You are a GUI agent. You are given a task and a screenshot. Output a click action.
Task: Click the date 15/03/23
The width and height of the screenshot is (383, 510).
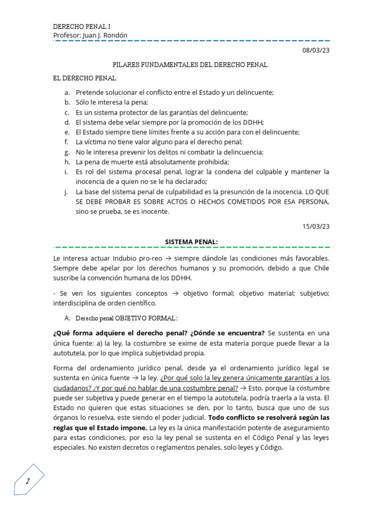pyautogui.click(x=316, y=226)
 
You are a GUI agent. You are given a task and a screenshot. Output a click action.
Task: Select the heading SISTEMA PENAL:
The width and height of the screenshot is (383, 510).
pyautogui.click(x=191, y=242)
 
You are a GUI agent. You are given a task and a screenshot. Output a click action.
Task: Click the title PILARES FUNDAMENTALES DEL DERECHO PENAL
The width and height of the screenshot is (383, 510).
pyautogui.click(x=191, y=65)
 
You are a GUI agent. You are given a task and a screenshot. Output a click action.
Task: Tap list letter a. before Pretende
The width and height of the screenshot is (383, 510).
pyautogui.click(x=67, y=92)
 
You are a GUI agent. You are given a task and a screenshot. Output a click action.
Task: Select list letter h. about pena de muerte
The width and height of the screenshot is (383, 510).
pyautogui.click(x=67, y=162)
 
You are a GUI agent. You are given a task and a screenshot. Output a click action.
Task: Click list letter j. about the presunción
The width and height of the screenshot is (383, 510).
pyautogui.click(x=66, y=192)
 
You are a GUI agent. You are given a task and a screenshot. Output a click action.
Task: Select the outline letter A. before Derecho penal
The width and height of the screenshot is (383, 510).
pyautogui.click(x=67, y=318)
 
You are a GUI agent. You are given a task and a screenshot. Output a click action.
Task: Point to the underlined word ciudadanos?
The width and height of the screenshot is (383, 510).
pyautogui.click(x=74, y=388)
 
